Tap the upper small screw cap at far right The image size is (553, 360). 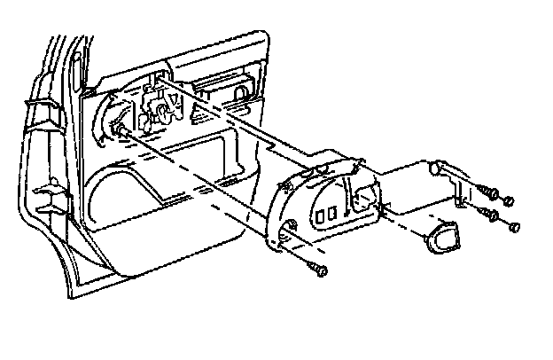click(x=510, y=199)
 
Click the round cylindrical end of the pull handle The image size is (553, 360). click(x=435, y=166)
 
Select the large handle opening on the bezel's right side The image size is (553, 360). click(x=363, y=197)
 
